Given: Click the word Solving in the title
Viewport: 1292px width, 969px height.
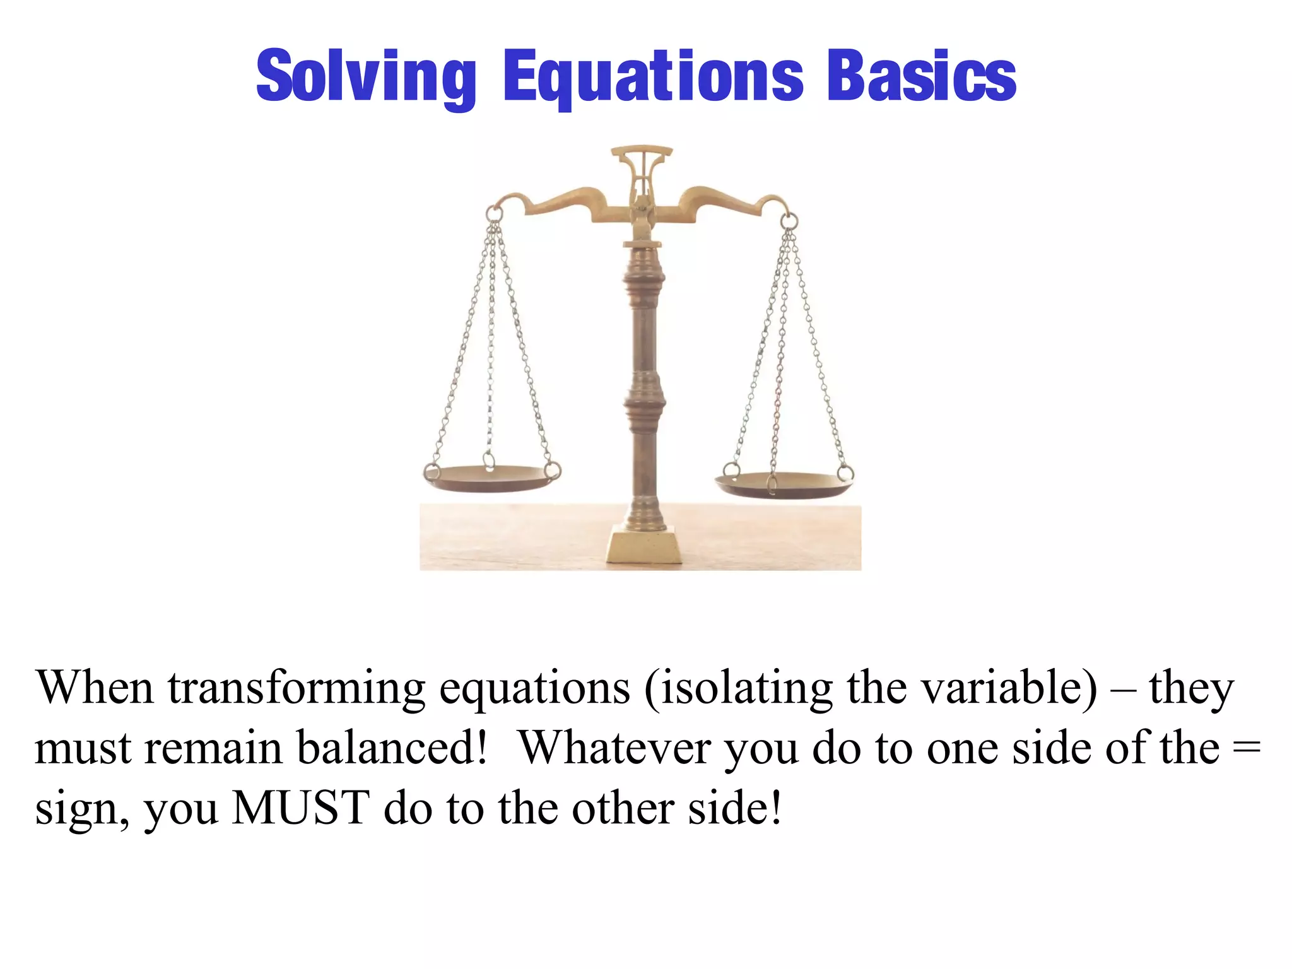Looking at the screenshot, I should pyautogui.click(x=366, y=77).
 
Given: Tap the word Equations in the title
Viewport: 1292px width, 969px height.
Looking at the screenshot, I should pyautogui.click(x=653, y=77).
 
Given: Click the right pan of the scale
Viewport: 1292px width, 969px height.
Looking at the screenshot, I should pyautogui.click(x=784, y=484).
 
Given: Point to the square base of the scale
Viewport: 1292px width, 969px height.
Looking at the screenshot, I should pyautogui.click(x=644, y=546).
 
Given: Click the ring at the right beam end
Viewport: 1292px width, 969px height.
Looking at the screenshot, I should pyautogui.click(x=789, y=221).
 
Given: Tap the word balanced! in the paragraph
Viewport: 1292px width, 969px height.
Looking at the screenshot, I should pyautogui.click(x=391, y=748).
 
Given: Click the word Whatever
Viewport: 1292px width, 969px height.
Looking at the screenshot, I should pyautogui.click(x=615, y=748).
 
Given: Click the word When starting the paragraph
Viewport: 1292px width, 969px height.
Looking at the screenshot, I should pyautogui.click(x=95, y=688).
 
